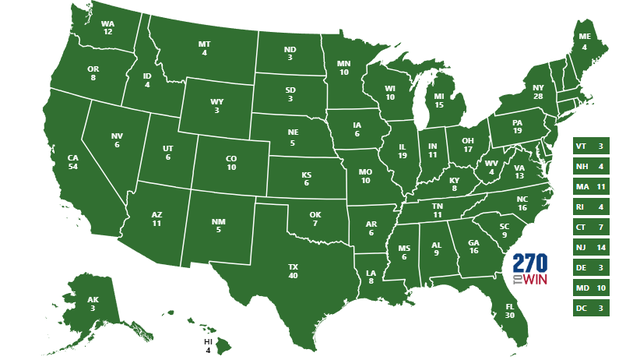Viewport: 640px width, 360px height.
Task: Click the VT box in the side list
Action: pyautogui.click(x=590, y=147)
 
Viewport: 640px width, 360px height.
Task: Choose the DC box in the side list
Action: pyautogui.click(x=590, y=309)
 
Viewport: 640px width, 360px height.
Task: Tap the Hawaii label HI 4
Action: pyautogui.click(x=208, y=345)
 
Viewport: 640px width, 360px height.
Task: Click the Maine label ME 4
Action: pyautogui.click(x=585, y=41)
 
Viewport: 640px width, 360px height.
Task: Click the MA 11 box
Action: pyautogui.click(x=590, y=187)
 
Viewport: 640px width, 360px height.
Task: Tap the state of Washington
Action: pyautogui.click(x=106, y=28)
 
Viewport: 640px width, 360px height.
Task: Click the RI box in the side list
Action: pyautogui.click(x=590, y=208)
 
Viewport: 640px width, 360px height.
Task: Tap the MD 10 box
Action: pyautogui.click(x=590, y=289)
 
